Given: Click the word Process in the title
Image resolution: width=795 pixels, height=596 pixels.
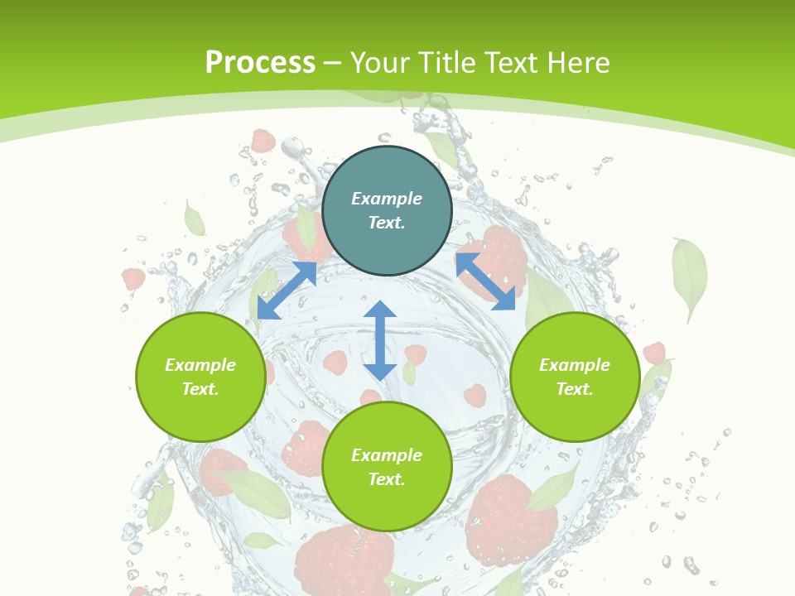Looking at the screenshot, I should (x=260, y=62).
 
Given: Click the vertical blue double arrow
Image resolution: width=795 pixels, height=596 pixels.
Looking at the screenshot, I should (x=380, y=340).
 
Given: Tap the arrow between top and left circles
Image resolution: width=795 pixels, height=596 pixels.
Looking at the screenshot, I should (x=287, y=291).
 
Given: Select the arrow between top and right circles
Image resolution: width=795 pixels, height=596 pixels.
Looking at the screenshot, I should (x=486, y=281).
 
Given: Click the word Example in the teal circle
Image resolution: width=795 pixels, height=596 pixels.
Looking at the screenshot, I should (x=387, y=199).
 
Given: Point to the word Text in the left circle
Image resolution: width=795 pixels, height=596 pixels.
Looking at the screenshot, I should (x=200, y=389).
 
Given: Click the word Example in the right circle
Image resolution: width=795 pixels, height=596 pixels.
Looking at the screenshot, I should (x=575, y=365).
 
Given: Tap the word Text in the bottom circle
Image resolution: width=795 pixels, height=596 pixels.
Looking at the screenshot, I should (x=386, y=479).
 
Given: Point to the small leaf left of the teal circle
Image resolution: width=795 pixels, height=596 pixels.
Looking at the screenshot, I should (x=194, y=219).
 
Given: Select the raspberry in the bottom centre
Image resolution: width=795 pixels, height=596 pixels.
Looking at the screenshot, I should (x=346, y=563).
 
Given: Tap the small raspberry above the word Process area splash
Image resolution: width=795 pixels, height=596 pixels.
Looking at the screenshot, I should (x=263, y=141).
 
